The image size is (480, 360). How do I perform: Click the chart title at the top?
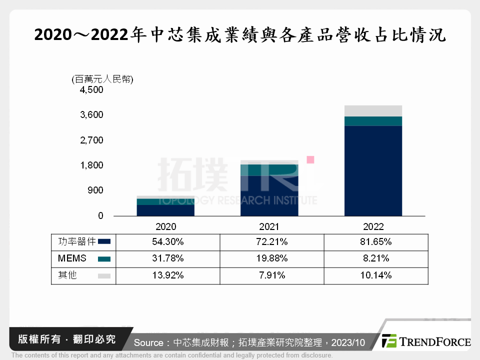point(240,35)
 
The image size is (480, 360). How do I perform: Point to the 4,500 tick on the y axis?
point(91,90)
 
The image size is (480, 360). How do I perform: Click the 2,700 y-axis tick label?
point(91,140)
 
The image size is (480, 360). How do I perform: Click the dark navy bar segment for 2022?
point(373,170)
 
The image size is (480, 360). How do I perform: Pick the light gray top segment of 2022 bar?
point(373,110)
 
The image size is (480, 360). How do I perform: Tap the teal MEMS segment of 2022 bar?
point(373,121)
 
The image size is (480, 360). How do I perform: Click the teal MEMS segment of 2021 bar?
point(269,170)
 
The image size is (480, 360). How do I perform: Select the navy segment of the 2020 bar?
point(165,210)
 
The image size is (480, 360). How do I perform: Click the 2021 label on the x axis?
point(269,226)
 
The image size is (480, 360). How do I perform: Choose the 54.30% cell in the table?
point(168,242)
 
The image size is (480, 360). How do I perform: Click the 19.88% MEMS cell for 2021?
point(271,258)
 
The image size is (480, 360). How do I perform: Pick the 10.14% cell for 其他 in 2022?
point(375,275)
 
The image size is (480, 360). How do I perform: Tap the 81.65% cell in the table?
point(375,242)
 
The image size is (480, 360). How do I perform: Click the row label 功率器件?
point(74,242)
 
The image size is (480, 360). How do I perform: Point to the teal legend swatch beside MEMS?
point(104,259)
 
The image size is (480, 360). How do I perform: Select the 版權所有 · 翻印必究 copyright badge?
point(63,339)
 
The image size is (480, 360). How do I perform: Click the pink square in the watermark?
point(310,160)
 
